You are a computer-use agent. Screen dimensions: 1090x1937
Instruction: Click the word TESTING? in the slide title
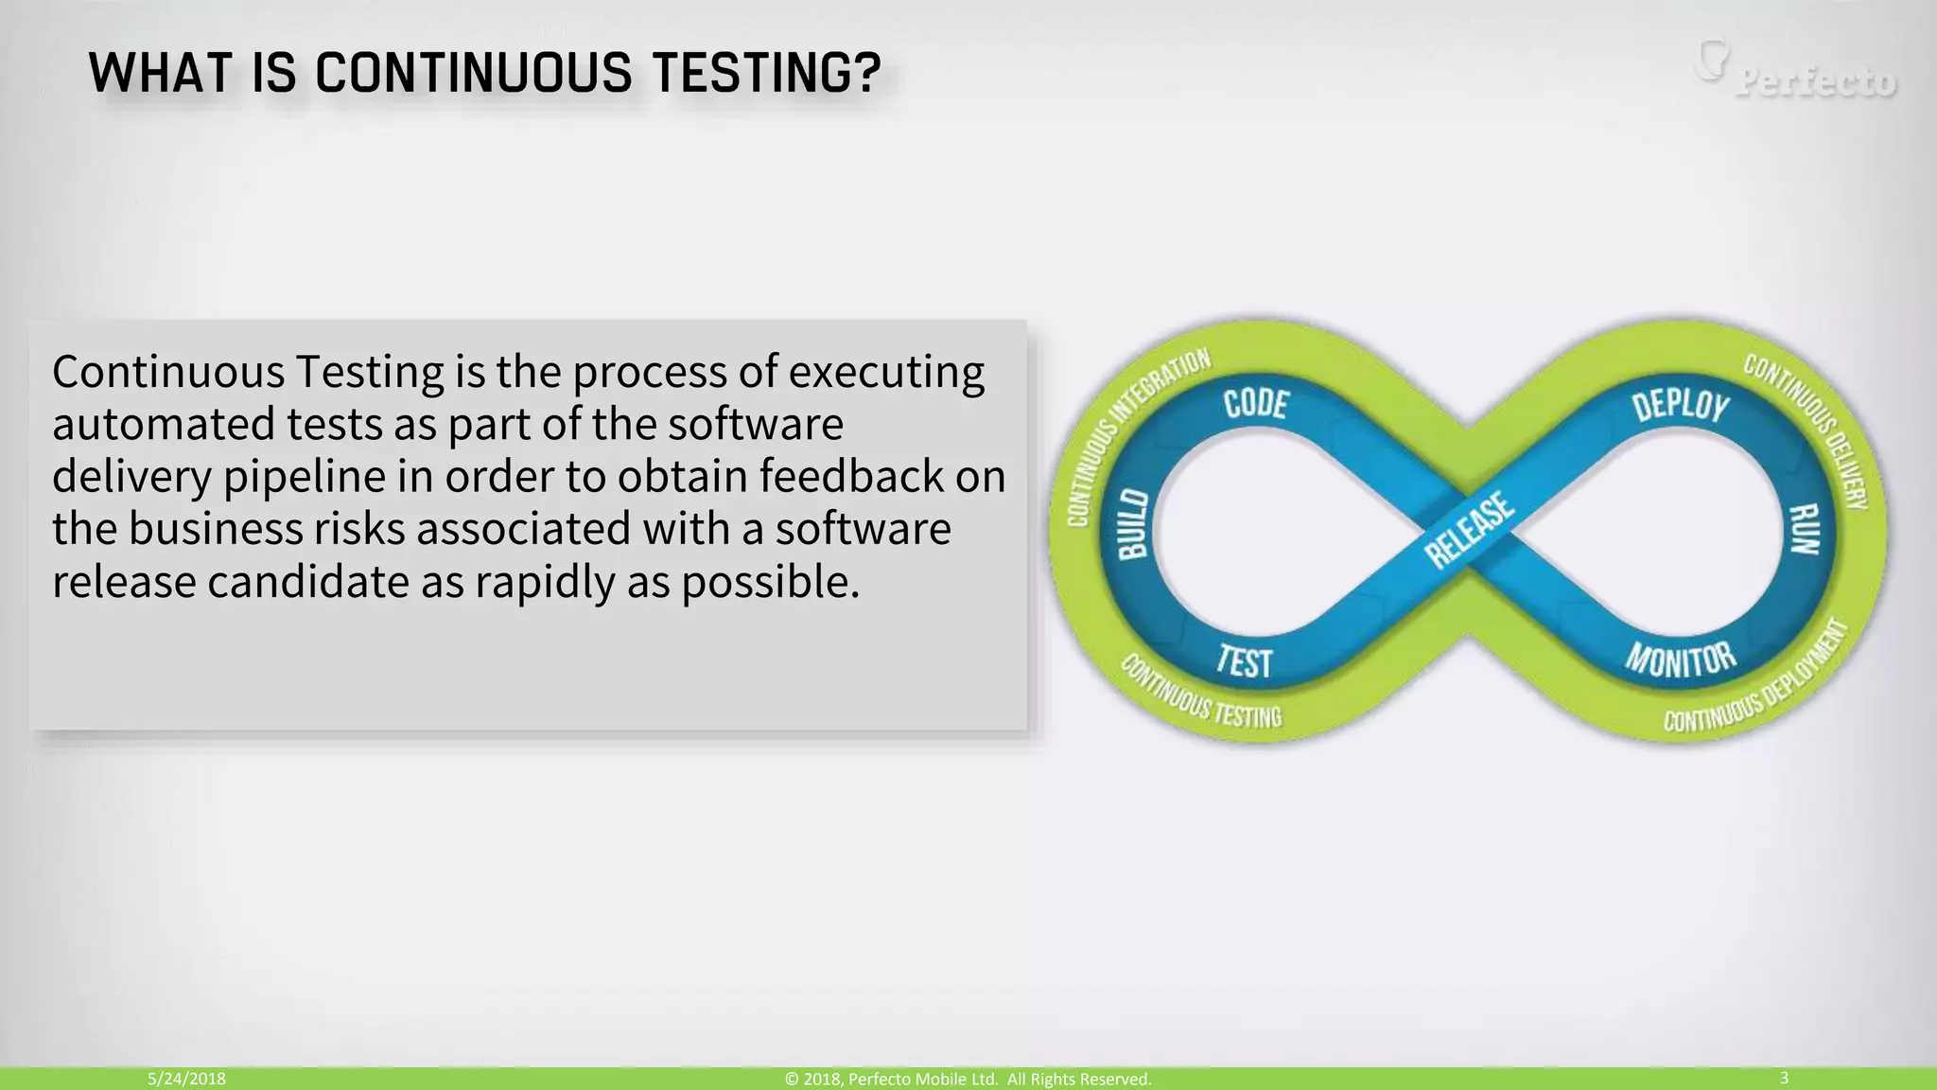(767, 73)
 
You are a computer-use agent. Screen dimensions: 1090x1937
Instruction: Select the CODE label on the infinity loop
(1256, 404)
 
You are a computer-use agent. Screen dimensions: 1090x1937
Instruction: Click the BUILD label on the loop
(1133, 524)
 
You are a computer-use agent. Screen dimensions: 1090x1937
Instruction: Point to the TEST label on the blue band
(1245, 661)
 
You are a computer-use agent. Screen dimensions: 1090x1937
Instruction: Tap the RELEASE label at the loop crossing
(1470, 530)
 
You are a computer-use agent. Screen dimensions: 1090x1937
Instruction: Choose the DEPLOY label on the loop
(1681, 405)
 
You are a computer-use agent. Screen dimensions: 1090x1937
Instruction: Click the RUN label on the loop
(1805, 529)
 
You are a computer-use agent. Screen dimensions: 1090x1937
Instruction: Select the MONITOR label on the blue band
(1681, 659)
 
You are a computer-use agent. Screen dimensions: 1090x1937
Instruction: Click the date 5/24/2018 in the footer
(186, 1079)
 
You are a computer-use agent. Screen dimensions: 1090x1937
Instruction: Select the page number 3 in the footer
(1784, 1078)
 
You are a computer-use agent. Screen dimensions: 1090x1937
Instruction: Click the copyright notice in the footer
(968, 1079)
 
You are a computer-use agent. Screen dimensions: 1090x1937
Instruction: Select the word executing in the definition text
(885, 372)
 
